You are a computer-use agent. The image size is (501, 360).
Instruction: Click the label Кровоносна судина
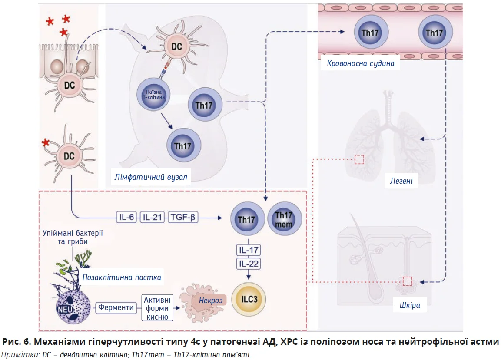361,63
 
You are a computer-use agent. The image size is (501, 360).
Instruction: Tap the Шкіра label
409,305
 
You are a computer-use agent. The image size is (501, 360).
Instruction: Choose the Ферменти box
116,307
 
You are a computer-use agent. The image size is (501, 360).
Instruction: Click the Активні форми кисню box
158,308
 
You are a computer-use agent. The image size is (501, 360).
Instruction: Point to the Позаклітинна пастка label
122,277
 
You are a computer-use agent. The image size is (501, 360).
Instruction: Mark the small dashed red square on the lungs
359,159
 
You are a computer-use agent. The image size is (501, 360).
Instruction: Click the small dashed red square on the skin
407,281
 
